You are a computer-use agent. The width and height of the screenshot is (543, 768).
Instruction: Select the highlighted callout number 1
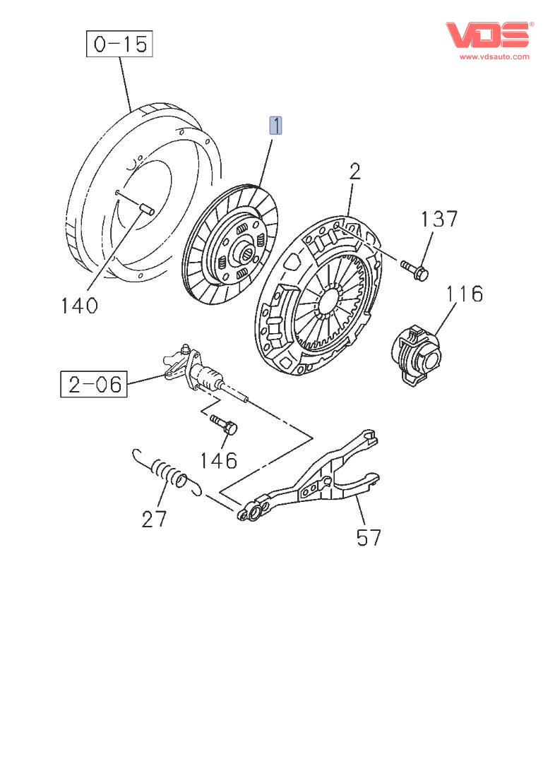[x=275, y=126]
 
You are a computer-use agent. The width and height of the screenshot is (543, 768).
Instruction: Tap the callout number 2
[x=354, y=172]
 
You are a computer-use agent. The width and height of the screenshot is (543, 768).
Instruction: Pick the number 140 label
[x=78, y=306]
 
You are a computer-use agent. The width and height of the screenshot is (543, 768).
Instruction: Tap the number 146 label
[x=217, y=460]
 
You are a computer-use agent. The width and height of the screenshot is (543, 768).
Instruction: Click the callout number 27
[x=155, y=520]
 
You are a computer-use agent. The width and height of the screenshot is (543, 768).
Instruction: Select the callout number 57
[x=369, y=538]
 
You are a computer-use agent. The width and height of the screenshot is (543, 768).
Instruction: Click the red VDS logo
[x=487, y=35]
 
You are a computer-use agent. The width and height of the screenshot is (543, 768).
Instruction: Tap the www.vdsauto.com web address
[x=494, y=56]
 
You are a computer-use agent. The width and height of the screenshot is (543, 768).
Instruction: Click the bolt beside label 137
[x=414, y=269]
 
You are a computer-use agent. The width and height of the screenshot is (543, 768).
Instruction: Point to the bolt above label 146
[x=224, y=425]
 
